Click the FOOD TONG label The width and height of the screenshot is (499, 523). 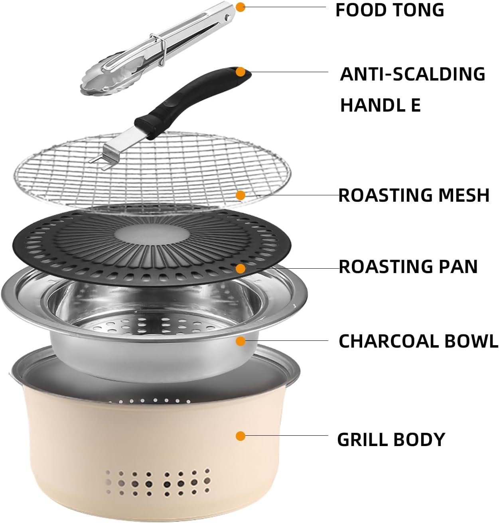(x=390, y=10)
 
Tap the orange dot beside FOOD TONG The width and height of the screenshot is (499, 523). (x=241, y=7)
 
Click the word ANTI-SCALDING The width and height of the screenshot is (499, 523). (x=412, y=74)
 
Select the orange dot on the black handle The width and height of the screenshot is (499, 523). (x=241, y=72)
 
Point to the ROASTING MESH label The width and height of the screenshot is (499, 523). (x=414, y=195)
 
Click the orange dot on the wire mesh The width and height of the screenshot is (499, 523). (x=241, y=195)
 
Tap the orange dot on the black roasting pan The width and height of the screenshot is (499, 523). (x=241, y=268)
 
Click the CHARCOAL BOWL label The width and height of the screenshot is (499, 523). (x=418, y=341)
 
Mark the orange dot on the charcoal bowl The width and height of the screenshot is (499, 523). (x=241, y=341)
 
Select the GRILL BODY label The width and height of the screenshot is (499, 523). (x=391, y=439)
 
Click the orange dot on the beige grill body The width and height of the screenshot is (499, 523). (x=241, y=436)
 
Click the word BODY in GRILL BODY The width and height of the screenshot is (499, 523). (x=419, y=439)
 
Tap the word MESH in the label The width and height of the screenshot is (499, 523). (x=464, y=195)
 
